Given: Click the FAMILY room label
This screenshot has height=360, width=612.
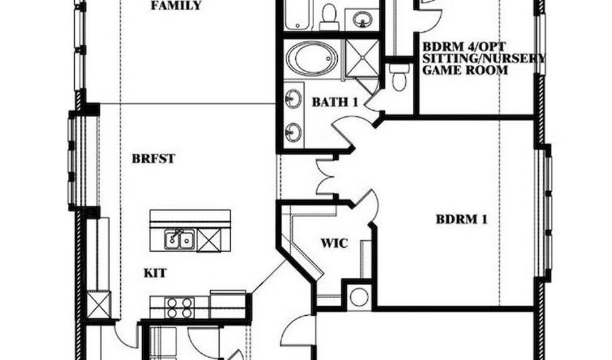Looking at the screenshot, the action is tap(176, 5).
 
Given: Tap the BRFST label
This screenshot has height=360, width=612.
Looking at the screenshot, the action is tap(154, 159).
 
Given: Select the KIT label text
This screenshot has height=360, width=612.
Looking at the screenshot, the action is tap(155, 273).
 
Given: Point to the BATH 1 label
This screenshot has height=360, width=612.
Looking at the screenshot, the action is tap(335, 102).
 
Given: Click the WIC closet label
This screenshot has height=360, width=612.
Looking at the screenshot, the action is tap(334, 243).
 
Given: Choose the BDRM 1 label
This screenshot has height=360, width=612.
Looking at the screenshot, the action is tap(461, 219).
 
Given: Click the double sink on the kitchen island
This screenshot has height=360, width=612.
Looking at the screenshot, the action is tap(180, 240).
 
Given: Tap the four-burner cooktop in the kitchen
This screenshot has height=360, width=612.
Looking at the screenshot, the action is tap(180, 308).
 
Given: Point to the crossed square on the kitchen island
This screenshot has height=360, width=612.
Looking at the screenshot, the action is tap(209, 240).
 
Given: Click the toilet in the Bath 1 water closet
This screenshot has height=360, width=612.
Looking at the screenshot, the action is tap(398, 78).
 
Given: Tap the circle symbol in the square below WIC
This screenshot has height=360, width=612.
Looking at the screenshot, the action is tap(359, 297).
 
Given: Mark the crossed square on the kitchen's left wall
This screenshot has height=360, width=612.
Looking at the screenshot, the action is tap(99, 305).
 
